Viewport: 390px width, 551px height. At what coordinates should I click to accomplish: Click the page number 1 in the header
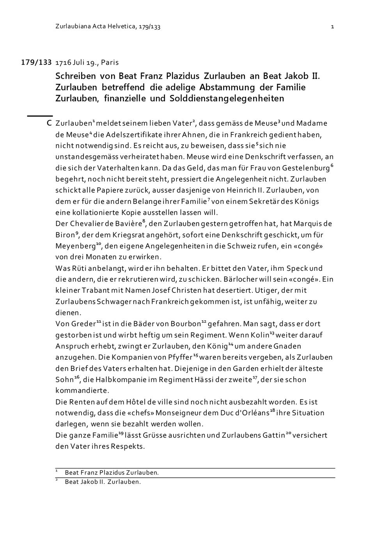332,27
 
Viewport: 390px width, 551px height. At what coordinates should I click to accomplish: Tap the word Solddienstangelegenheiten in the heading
227,99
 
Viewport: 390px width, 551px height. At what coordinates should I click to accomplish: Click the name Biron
64,235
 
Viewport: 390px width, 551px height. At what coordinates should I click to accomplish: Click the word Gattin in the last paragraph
273,435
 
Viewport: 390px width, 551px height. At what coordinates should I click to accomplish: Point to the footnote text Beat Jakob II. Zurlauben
103,482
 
